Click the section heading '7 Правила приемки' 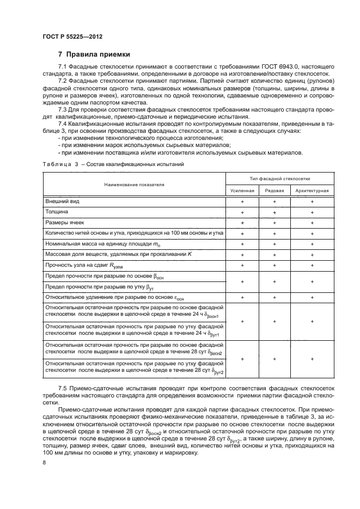click(x=94, y=54)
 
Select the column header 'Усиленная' click(x=242, y=191)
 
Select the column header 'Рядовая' click(x=274, y=191)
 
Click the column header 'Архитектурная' click(x=312, y=191)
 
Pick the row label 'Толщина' click(x=57, y=212)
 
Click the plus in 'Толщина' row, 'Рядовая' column click(x=274, y=212)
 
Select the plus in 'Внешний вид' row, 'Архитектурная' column click(x=312, y=202)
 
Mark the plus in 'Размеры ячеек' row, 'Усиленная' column click(x=242, y=223)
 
